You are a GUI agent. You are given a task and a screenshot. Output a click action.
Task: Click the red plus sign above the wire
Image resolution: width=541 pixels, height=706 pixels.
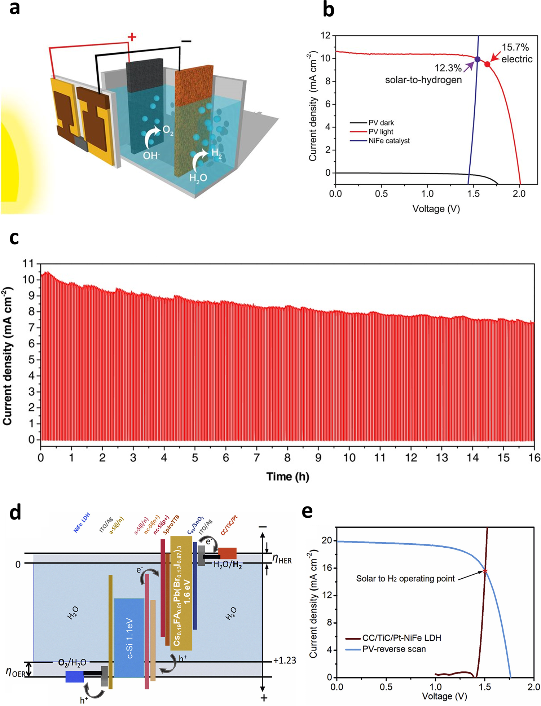click(x=132, y=37)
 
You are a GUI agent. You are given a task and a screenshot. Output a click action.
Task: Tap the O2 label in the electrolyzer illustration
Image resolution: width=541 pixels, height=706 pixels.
click(x=168, y=130)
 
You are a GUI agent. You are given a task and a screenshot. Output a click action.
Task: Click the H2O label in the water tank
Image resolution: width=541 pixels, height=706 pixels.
click(x=198, y=177)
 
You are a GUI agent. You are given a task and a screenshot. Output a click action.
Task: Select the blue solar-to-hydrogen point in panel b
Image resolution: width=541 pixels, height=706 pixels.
click(x=477, y=59)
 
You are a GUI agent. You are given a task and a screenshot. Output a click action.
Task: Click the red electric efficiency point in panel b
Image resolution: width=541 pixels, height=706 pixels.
click(x=487, y=64)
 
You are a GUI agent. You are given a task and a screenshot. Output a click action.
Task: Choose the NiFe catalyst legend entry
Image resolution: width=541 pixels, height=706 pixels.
click(x=389, y=141)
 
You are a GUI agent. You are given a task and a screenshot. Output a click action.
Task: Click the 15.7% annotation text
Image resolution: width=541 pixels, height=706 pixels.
click(x=515, y=47)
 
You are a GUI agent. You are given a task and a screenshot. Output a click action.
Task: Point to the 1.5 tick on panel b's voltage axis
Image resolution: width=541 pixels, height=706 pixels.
click(x=473, y=194)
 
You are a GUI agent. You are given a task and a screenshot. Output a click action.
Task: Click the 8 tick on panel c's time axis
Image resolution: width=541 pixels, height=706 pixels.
click(x=287, y=458)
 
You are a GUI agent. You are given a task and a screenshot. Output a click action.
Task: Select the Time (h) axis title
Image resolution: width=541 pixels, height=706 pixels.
click(x=287, y=477)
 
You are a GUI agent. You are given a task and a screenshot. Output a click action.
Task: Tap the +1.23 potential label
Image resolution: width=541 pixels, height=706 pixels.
click(x=285, y=661)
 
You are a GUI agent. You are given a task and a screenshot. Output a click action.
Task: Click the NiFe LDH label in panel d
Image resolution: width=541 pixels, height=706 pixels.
click(x=82, y=522)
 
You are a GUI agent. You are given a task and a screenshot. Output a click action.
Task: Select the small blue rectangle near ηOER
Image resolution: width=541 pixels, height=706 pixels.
click(x=75, y=676)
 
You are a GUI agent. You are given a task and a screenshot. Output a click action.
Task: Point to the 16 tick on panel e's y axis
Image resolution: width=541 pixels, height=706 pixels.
click(x=326, y=568)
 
